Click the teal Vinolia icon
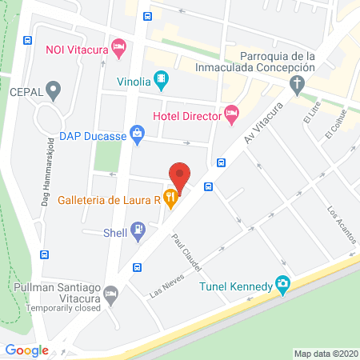pyautogui.click(x=162, y=78)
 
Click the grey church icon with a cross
pyautogui.click(x=297, y=83)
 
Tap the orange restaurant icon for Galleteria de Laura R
pyautogui.click(x=170, y=197)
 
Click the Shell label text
pyautogui.click(x=116, y=233)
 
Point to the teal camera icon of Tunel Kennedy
pyautogui.click(x=282, y=284)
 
